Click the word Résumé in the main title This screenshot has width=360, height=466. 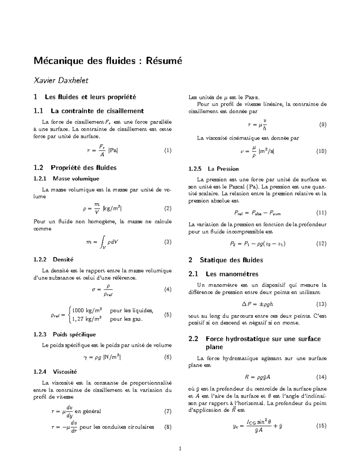[164, 61]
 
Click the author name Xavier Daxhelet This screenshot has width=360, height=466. [61, 80]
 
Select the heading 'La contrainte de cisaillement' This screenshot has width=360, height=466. [97, 111]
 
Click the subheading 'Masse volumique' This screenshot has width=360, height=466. [76, 179]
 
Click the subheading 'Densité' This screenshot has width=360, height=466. [63, 260]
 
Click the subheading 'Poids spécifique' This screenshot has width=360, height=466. [74, 334]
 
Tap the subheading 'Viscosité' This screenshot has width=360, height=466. [65, 372]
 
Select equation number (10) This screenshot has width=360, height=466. [321, 151]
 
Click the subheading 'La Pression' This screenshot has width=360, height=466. [223, 169]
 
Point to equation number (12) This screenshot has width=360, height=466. [321, 244]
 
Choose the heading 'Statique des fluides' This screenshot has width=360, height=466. [231, 260]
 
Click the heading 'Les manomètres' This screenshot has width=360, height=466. [232, 274]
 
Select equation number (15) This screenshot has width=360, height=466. [321, 425]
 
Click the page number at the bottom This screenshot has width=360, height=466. [180, 449]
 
